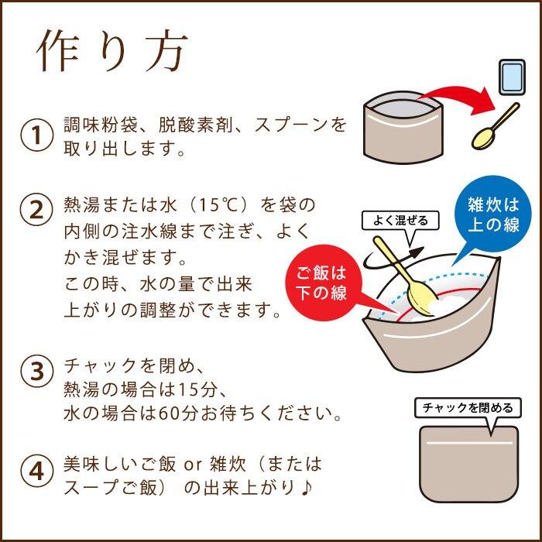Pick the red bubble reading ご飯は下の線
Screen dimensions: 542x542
pos(324,284)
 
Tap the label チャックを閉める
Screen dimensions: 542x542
pos(466,407)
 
